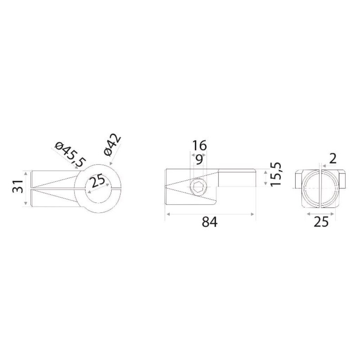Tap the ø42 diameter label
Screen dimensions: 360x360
point(112,145)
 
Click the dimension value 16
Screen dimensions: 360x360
point(199,145)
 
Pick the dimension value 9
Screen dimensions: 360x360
point(199,159)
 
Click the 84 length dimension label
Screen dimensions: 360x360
point(210,222)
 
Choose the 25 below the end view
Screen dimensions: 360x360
point(321,222)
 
